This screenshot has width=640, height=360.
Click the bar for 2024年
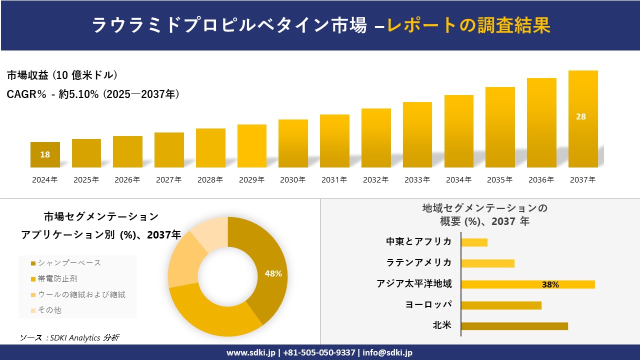coord(45,155)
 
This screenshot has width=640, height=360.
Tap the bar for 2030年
coord(293,144)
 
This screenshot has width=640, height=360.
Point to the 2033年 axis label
coord(417,180)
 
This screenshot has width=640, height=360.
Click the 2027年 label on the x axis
coord(168,180)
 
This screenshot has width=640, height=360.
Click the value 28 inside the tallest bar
coord(580,116)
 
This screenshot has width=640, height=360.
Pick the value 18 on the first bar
coord(45,154)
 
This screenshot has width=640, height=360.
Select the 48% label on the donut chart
coord(273,273)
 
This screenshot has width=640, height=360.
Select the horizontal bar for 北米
coord(514,326)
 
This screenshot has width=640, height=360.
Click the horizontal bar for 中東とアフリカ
coord(474,242)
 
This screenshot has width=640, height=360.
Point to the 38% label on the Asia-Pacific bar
coord(550,284)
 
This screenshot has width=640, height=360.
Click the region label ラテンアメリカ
coord(418,262)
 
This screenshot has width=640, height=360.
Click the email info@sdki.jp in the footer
coord(387,352)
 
